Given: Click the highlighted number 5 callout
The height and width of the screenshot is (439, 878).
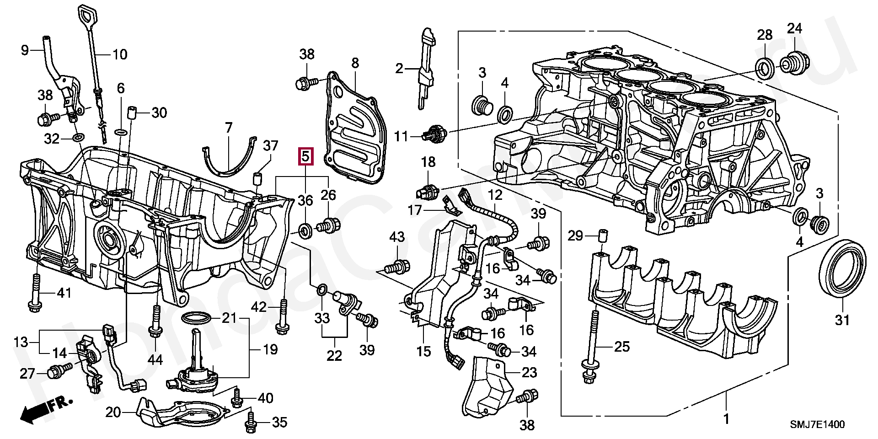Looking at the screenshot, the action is (305, 156).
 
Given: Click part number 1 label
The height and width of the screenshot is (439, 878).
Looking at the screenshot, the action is (726, 418).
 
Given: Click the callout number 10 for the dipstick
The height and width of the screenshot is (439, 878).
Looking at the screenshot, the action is (120, 55).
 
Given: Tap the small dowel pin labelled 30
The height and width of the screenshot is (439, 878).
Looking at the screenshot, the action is (133, 112).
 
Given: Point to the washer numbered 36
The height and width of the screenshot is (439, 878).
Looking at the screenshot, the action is (305, 230).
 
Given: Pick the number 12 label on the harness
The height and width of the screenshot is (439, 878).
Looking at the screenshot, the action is (495, 195).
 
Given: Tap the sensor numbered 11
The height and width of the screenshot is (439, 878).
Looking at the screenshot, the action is (434, 133).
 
